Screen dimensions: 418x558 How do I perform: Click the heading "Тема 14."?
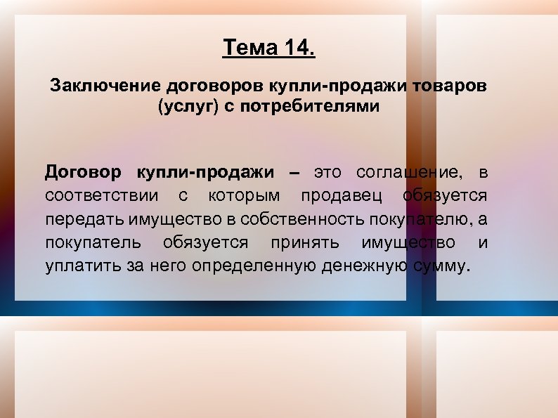pos(269,48)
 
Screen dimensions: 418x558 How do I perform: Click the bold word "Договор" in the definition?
pos(83,173)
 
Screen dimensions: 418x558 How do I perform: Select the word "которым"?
pos(244,195)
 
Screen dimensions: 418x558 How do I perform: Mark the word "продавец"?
pos(344,195)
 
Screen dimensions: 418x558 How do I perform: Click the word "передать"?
pos(84,219)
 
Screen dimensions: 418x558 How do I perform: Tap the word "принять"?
pos(305,242)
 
